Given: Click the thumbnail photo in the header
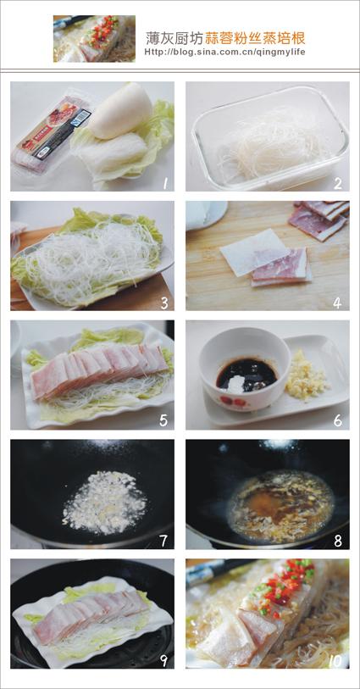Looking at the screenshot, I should (93, 38).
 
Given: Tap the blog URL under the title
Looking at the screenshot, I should (224, 52).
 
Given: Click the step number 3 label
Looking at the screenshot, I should (161, 300).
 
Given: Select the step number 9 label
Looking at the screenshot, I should (161, 658).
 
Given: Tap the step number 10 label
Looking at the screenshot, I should (333, 659).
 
